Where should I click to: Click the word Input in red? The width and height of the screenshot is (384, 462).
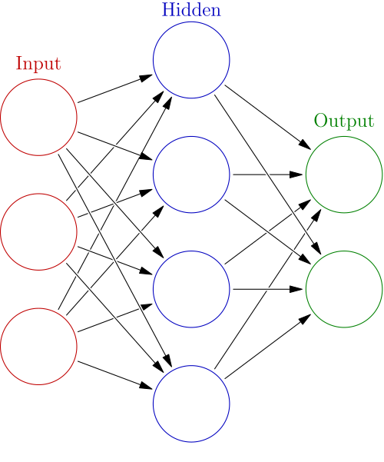(38, 64)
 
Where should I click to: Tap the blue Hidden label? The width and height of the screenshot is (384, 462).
(191, 11)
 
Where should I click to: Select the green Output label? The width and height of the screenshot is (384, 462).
(343, 121)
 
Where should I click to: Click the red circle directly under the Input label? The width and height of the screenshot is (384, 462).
(39, 117)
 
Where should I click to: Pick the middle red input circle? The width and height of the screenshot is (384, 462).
(39, 231)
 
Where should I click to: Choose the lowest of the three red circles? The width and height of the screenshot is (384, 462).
(39, 346)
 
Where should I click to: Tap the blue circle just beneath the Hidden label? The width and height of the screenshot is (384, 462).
(191, 60)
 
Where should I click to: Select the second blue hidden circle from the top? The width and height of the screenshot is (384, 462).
(191, 174)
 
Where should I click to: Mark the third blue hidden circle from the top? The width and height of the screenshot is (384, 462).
(191, 289)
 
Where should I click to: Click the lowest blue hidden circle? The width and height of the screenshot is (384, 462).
(191, 404)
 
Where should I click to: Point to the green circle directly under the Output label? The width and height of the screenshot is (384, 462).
(344, 174)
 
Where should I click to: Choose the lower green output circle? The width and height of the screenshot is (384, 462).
(344, 289)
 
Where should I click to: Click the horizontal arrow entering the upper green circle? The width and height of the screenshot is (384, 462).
(267, 174)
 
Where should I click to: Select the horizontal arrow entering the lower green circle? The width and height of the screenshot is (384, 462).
(267, 289)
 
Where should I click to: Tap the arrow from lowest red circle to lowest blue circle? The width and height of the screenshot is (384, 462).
(115, 374)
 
